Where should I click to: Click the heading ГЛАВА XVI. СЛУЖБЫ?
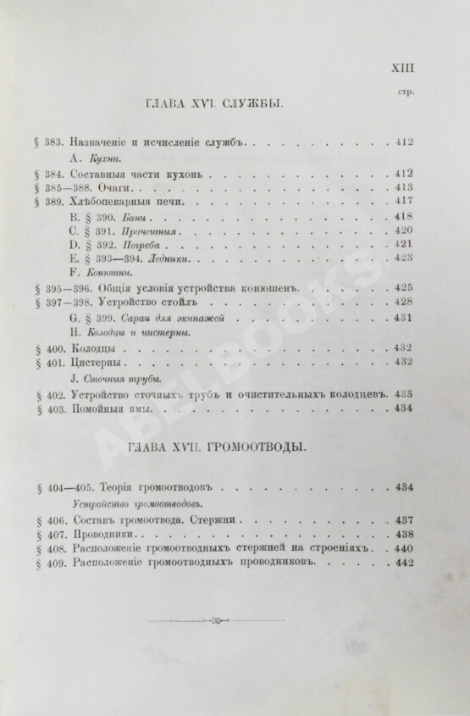(213, 103)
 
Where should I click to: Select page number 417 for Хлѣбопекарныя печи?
(402, 203)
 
